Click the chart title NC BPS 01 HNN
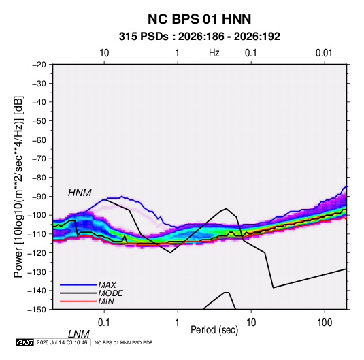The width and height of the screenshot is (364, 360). tap(199, 19)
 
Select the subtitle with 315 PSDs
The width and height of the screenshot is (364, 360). tap(199, 37)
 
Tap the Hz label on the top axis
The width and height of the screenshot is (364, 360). tap(214, 53)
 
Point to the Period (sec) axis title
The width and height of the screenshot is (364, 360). tap(214, 330)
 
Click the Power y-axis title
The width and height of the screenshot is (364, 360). tap(18, 187)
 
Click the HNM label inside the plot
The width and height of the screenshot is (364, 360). tap(80, 193)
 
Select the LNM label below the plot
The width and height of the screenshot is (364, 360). tap(78, 334)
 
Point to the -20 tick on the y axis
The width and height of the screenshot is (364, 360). tap(39, 65)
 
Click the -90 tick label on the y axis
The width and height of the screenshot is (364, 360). tap(39, 197)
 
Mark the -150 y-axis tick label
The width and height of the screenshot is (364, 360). tap(37, 310)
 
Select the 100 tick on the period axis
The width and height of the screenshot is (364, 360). tap(325, 323)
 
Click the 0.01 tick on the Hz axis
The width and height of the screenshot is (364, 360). tap(324, 53)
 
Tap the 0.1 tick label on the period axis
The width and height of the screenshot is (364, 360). tap(104, 323)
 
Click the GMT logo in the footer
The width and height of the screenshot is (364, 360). tap(25, 342)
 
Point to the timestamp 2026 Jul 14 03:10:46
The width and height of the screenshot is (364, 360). tap(62, 342)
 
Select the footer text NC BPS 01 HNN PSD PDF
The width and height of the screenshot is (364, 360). tap(124, 342)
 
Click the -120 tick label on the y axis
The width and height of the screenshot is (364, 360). tap(37, 253)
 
